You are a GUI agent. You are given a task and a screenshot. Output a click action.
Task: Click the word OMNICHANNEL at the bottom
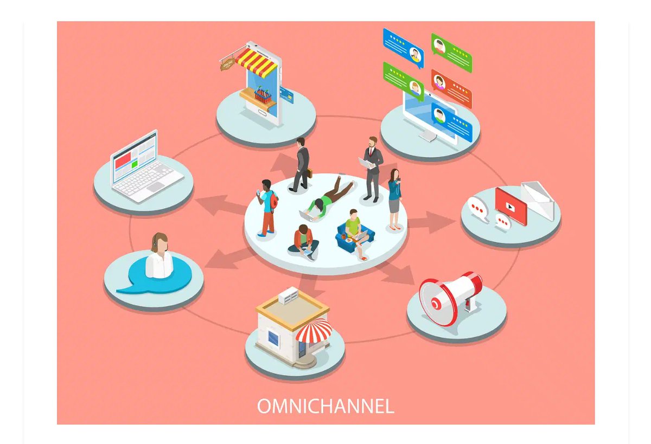(x=325, y=406)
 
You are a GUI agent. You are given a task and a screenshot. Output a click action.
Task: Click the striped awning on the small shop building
(x=314, y=330)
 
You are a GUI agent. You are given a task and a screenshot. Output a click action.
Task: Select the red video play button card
(x=510, y=205)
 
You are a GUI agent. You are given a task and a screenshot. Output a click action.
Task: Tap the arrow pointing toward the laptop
(x=217, y=204)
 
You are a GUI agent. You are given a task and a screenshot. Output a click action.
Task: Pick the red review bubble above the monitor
(x=451, y=87)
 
